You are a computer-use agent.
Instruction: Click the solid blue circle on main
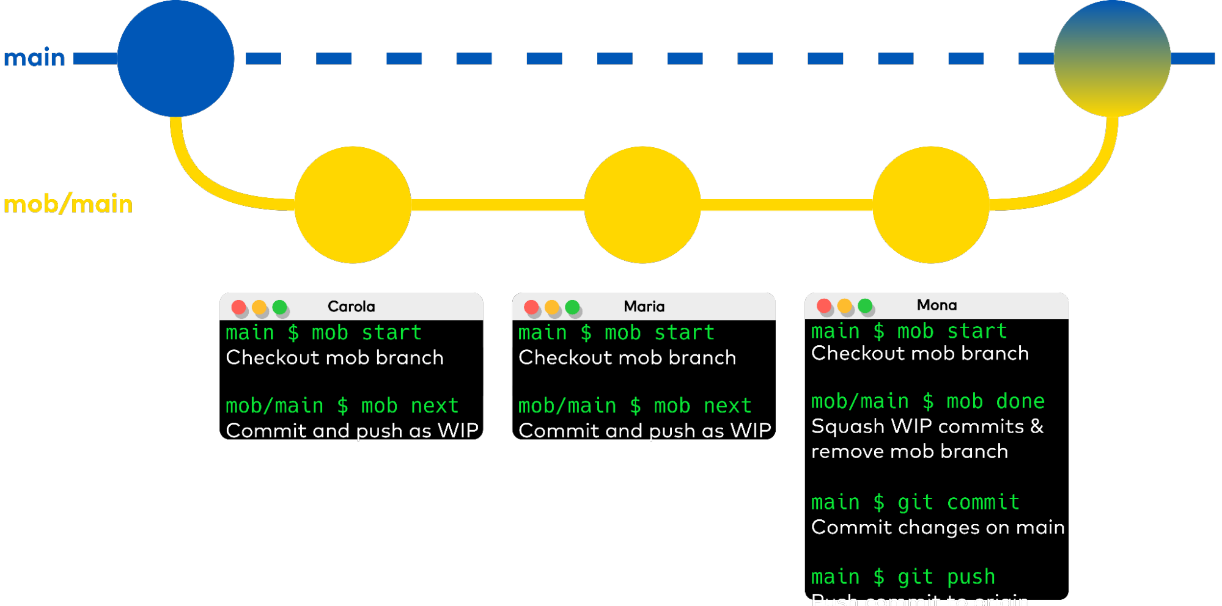click(175, 58)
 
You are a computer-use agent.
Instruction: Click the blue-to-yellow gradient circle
click(1112, 58)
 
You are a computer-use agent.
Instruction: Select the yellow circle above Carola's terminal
click(353, 205)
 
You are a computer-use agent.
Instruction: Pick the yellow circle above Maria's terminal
click(642, 205)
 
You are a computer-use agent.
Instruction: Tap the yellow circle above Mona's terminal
click(930, 205)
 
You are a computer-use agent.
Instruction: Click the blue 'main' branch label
click(35, 58)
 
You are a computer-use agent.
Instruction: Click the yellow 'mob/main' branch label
click(68, 204)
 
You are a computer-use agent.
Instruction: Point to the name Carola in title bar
click(351, 307)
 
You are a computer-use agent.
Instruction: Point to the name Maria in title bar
click(644, 307)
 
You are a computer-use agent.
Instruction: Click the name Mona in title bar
click(937, 305)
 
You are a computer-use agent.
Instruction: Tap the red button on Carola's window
click(239, 307)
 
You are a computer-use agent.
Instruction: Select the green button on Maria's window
click(573, 307)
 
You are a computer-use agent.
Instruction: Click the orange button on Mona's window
click(845, 305)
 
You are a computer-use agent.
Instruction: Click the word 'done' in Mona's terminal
click(1020, 401)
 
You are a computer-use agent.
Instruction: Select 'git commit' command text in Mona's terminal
click(958, 502)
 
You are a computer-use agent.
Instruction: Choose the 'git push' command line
click(903, 577)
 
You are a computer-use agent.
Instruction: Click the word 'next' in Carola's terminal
click(434, 406)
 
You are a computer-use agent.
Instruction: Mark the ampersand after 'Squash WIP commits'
click(1037, 426)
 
